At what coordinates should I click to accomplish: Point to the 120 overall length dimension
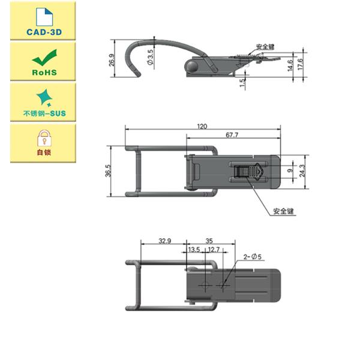(202, 127)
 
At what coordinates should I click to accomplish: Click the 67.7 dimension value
(233, 136)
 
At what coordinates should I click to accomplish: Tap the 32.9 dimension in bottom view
(164, 241)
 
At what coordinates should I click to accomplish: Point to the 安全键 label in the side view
(265, 47)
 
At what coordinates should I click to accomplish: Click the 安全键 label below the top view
(283, 211)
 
